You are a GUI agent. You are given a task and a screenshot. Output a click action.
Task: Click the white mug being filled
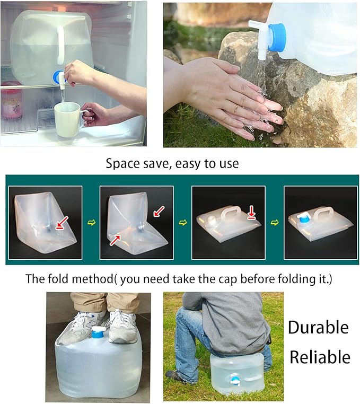(67, 119)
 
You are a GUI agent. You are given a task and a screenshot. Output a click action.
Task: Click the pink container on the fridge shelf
(11, 100)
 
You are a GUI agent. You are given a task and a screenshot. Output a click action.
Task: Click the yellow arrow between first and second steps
(90, 222)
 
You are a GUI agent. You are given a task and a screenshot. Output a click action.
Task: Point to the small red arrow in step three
(251, 215)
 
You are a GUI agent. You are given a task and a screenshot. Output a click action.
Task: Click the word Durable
(318, 327)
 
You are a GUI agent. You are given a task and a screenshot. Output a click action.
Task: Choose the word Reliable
(319, 357)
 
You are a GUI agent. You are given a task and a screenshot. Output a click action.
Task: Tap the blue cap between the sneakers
(97, 333)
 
